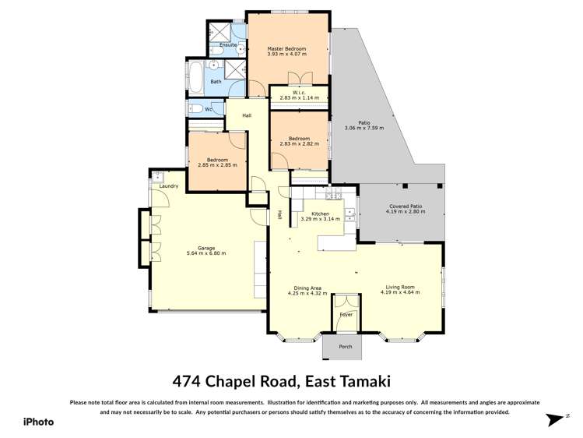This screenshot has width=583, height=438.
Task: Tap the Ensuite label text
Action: point(228,45)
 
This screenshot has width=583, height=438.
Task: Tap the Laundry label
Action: point(169,186)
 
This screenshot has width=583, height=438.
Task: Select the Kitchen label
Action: point(321,214)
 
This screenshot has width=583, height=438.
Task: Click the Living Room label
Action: point(400,287)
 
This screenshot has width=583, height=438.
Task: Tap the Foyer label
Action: point(346,315)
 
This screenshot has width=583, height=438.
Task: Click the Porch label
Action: point(345,346)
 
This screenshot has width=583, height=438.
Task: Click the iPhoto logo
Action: point(38,421)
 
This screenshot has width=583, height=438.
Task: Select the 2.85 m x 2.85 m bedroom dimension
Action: point(217,164)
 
